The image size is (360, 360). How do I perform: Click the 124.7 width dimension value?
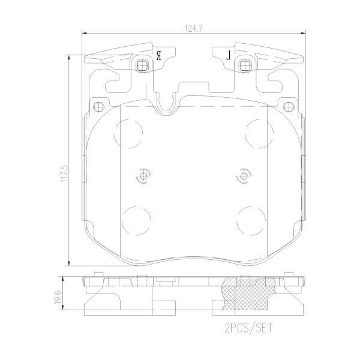(194, 28)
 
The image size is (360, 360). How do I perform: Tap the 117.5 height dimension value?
(64, 173)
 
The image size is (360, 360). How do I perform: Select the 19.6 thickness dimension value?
(58, 297)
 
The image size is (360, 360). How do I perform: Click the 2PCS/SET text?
(248, 328)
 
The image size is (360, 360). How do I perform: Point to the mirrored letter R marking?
(158, 56)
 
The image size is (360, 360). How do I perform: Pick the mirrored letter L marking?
(229, 56)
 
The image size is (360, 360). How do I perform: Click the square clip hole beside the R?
(142, 65)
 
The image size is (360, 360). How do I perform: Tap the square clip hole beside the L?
(245, 65)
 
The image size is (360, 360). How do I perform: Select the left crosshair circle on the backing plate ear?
(99, 107)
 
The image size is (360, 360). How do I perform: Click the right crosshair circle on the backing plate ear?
(289, 107)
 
